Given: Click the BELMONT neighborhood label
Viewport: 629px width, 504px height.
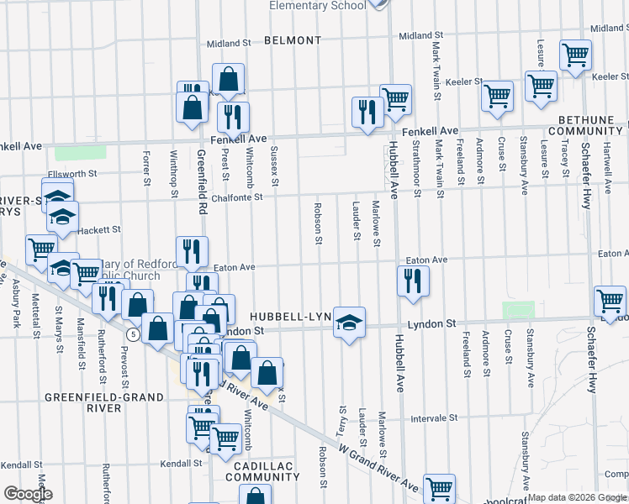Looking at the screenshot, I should [x=292, y=40].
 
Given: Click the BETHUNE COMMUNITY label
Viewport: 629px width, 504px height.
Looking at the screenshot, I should [x=586, y=126].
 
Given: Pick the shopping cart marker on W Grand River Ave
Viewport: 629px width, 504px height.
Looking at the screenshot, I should [x=439, y=488].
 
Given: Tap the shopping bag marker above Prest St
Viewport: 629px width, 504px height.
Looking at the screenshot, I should [x=228, y=79].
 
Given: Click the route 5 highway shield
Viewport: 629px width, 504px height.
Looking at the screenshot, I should [x=133, y=334].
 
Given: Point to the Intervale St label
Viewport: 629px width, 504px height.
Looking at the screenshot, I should [x=434, y=417].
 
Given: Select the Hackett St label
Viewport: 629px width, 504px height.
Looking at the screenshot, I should [x=100, y=229].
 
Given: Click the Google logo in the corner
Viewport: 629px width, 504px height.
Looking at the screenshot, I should [x=27, y=494].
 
